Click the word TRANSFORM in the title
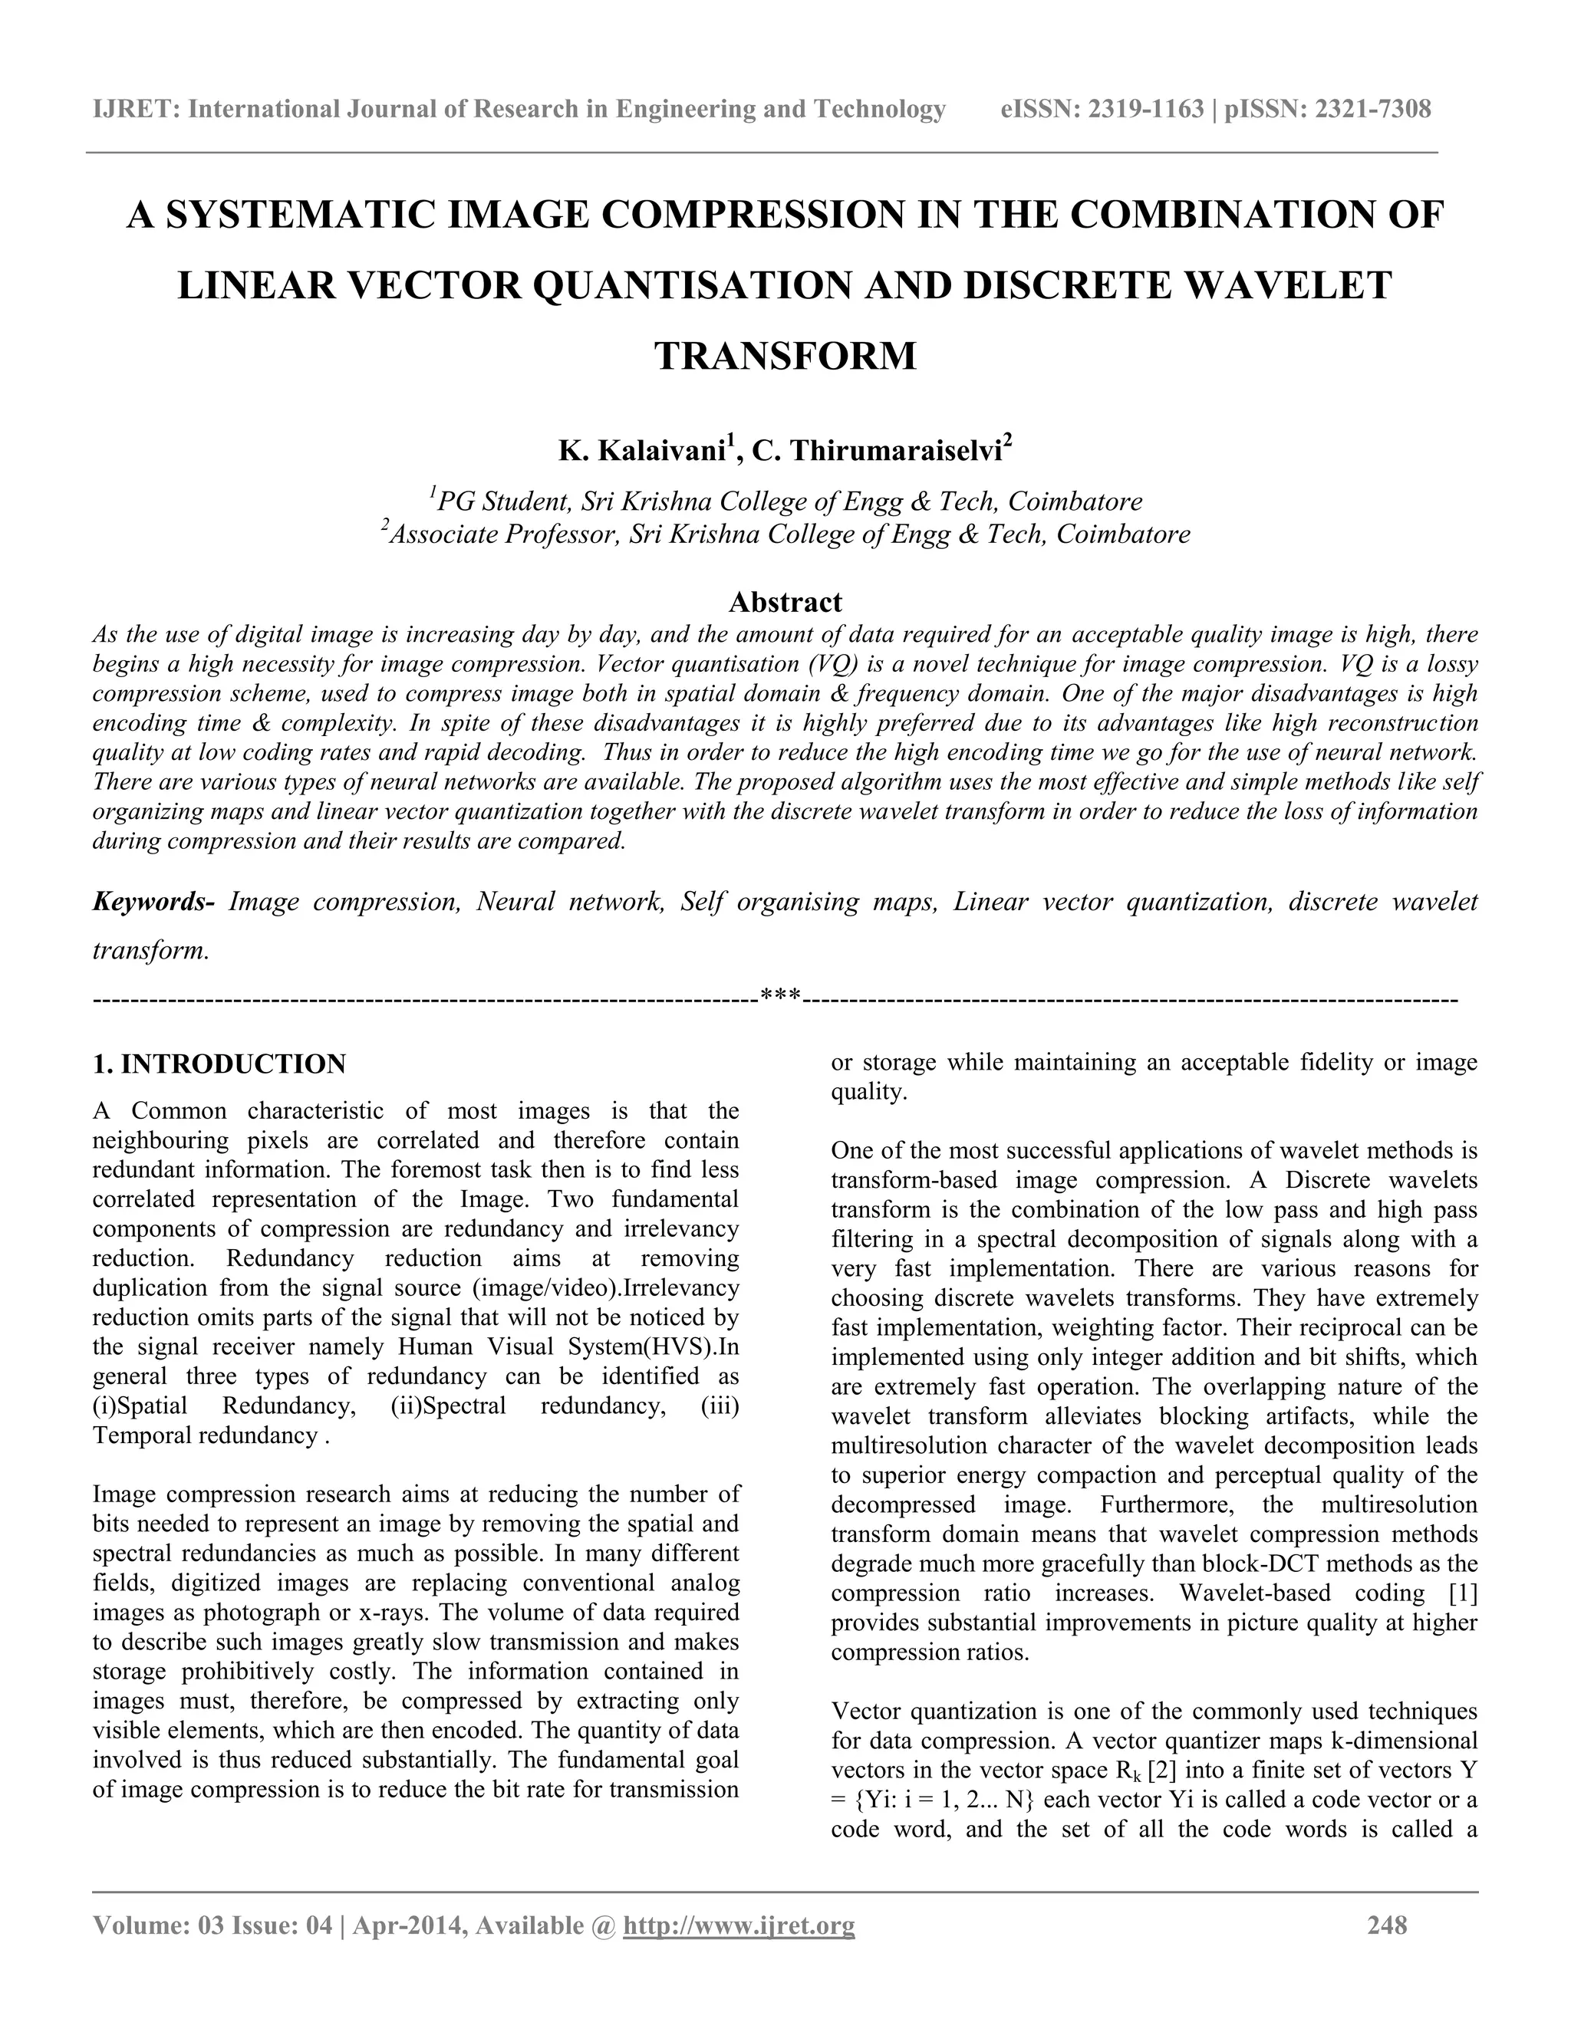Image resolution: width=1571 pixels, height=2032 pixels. click(785, 357)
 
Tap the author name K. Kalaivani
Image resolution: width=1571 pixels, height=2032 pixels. click(642, 451)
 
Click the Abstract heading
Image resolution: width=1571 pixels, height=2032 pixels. click(785, 602)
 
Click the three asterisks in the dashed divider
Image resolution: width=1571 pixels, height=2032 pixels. click(780, 998)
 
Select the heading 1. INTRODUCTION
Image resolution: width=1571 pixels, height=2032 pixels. click(219, 1064)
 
